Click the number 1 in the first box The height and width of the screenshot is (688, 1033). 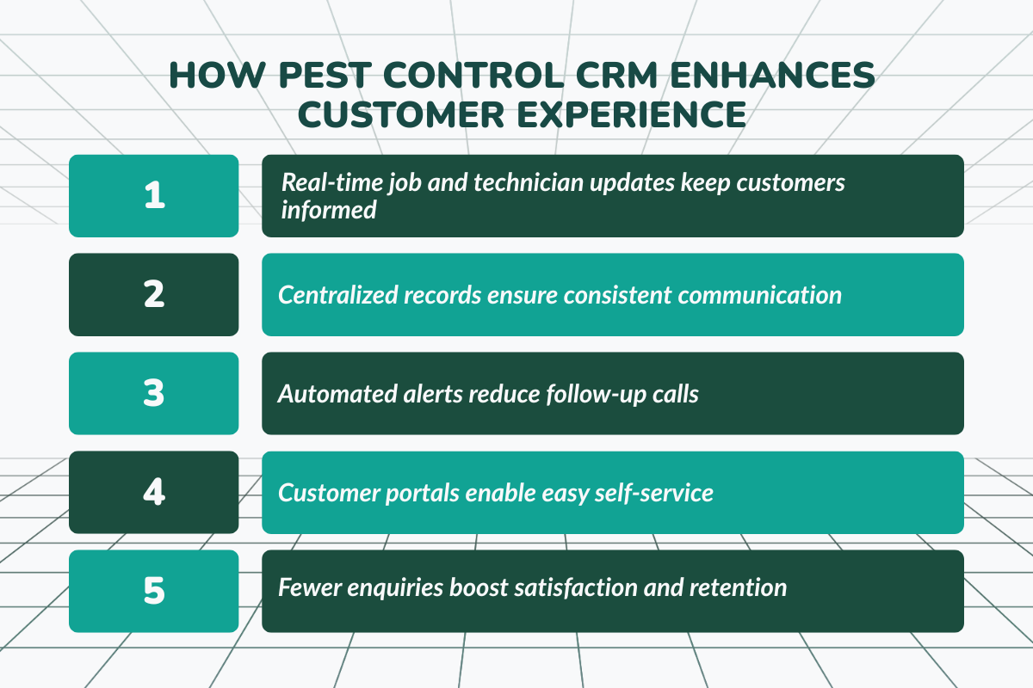[x=154, y=195]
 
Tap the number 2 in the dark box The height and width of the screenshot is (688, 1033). [x=154, y=294]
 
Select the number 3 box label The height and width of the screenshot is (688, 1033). [x=154, y=393]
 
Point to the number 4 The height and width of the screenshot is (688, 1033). [x=154, y=492]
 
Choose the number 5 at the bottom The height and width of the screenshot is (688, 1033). [x=154, y=591]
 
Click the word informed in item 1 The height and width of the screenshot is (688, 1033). [x=329, y=209]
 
